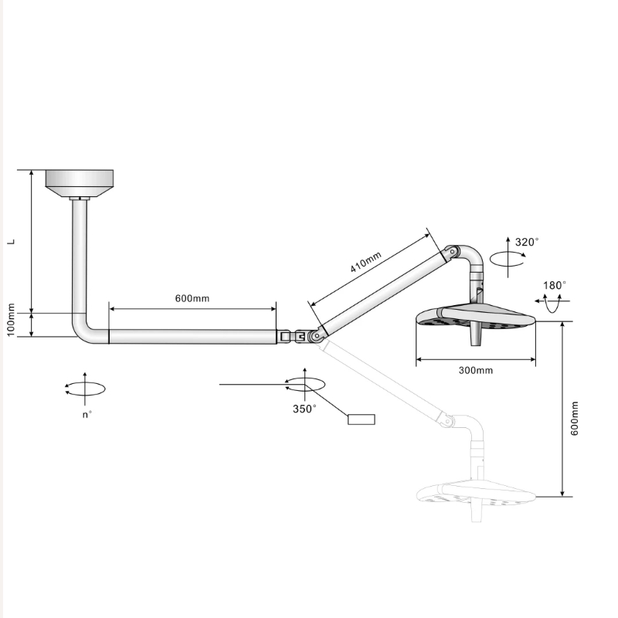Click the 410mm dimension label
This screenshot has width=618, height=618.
point(365,262)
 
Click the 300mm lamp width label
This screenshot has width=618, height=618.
point(476,371)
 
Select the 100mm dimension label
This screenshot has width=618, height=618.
point(11,320)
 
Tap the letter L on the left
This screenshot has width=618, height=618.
point(12,242)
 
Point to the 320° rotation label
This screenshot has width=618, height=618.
point(527,242)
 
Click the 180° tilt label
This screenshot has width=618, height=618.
point(555,285)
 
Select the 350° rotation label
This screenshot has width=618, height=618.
point(304,409)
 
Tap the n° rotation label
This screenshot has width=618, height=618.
point(87,415)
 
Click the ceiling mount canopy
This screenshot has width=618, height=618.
point(80,184)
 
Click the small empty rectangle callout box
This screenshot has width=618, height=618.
point(362,419)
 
